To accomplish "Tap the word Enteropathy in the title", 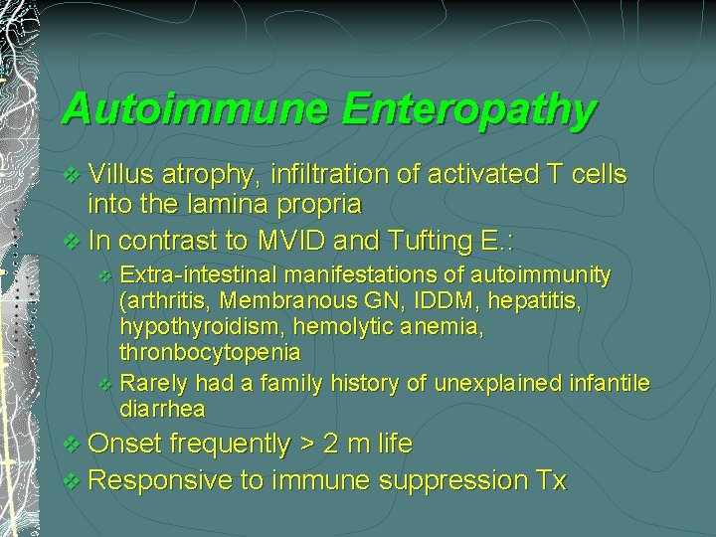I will (x=468, y=109).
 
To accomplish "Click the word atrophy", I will (x=214, y=176).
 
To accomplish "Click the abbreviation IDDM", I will (x=419, y=299).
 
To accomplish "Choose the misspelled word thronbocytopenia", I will (x=210, y=352).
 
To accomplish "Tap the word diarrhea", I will (x=163, y=409).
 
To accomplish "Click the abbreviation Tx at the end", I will (x=550, y=481).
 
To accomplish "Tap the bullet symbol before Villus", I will (x=69, y=176).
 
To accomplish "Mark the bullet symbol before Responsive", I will (x=69, y=482).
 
